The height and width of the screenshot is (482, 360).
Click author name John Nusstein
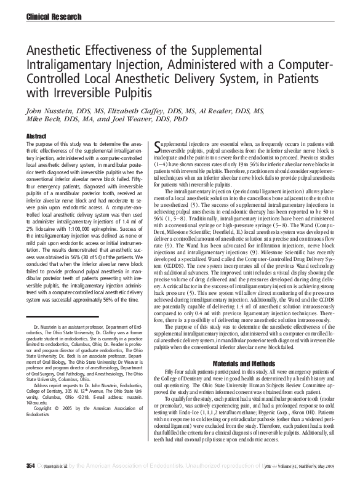[x=46, y=112]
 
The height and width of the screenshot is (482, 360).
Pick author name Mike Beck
[x=39, y=121]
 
